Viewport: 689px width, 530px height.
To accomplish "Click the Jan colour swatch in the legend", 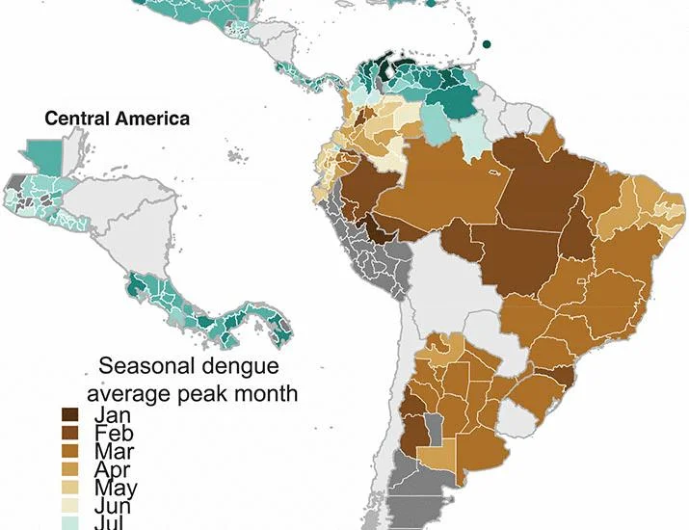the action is coord(70,415).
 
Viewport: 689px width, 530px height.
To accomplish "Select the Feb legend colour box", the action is coord(70,433).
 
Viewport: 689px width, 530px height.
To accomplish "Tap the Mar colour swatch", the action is coord(70,451).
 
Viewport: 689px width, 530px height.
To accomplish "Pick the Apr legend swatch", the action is coord(70,469).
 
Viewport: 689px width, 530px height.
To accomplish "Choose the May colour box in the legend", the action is coord(70,488).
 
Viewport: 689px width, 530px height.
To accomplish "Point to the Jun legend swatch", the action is coord(70,505).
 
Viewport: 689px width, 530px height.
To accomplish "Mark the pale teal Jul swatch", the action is coord(70,523).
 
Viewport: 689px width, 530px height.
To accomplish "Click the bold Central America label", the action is coord(118,119).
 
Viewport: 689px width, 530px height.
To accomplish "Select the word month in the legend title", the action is coord(266,393).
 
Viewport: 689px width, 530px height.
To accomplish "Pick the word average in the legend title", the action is coord(129,395).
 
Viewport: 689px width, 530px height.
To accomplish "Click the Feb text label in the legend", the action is coord(114,434).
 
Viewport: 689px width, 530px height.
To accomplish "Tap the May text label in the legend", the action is coord(116,489).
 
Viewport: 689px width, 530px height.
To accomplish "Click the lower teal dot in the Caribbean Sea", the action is coord(487,44).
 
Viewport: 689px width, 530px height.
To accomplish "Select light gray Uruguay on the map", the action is coord(518,417).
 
